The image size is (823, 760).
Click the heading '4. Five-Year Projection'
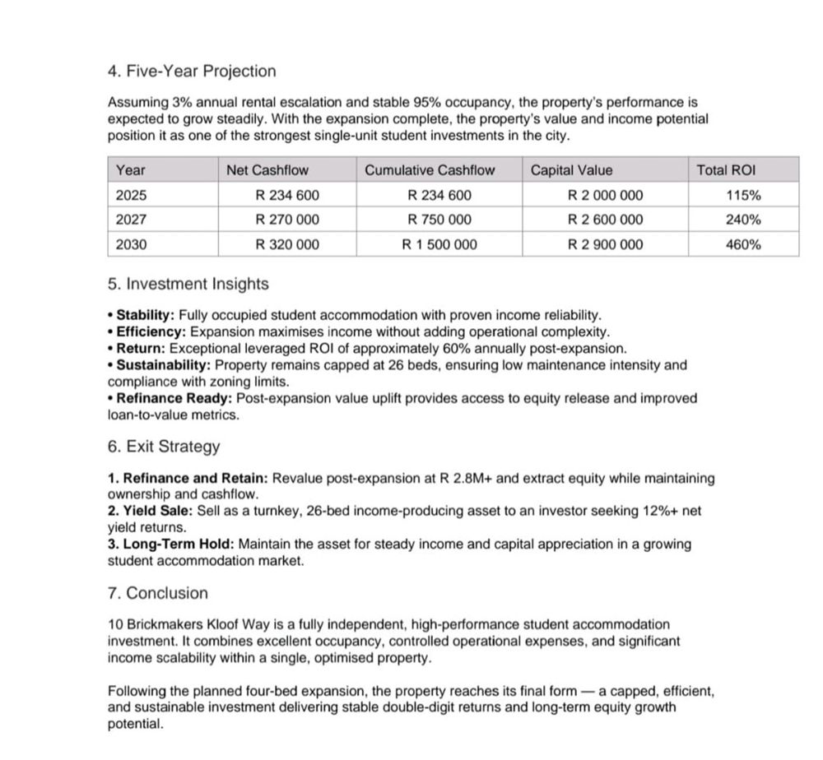pyautogui.click(x=192, y=72)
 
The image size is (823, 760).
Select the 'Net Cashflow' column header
pyautogui.click(x=267, y=170)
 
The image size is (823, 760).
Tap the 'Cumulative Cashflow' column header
pyautogui.click(x=430, y=170)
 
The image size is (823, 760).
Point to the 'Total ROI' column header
pyautogui.click(x=726, y=170)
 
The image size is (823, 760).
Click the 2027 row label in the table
pyautogui.click(x=130, y=220)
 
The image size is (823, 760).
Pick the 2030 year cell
pyautogui.click(x=130, y=244)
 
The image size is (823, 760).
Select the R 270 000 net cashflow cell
pyautogui.click(x=287, y=220)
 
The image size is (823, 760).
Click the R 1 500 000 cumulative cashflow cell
pyautogui.click(x=439, y=244)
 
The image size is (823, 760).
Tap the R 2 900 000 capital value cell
pyautogui.click(x=606, y=244)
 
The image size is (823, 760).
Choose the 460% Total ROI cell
pyautogui.click(x=743, y=244)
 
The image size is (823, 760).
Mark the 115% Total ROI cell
pyautogui.click(x=743, y=195)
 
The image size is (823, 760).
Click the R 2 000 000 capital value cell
pyautogui.click(x=606, y=195)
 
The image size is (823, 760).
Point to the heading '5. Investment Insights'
pyautogui.click(x=188, y=285)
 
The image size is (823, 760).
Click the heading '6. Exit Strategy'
pyautogui.click(x=165, y=447)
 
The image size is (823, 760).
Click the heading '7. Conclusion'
pyautogui.click(x=158, y=593)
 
